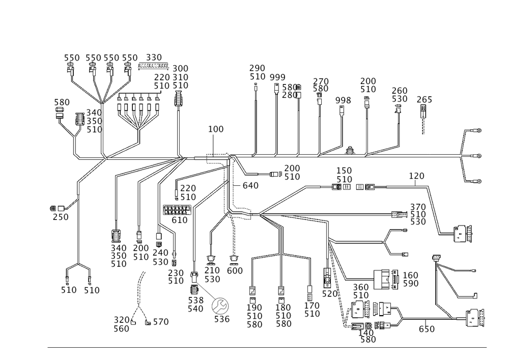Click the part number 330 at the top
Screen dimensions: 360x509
tap(154, 57)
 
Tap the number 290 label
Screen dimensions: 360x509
tap(258, 68)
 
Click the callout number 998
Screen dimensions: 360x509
tap(344, 101)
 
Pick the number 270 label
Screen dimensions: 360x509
tap(321, 81)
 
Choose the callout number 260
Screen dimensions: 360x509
tap(400, 90)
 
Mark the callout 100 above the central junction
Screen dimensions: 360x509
tap(216, 130)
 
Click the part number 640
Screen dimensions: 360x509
tap(251, 186)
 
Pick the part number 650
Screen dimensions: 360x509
tap(427, 329)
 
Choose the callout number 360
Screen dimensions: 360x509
tap(361, 287)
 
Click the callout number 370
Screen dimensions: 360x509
tap(418, 206)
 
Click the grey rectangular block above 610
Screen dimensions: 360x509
tap(177, 210)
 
